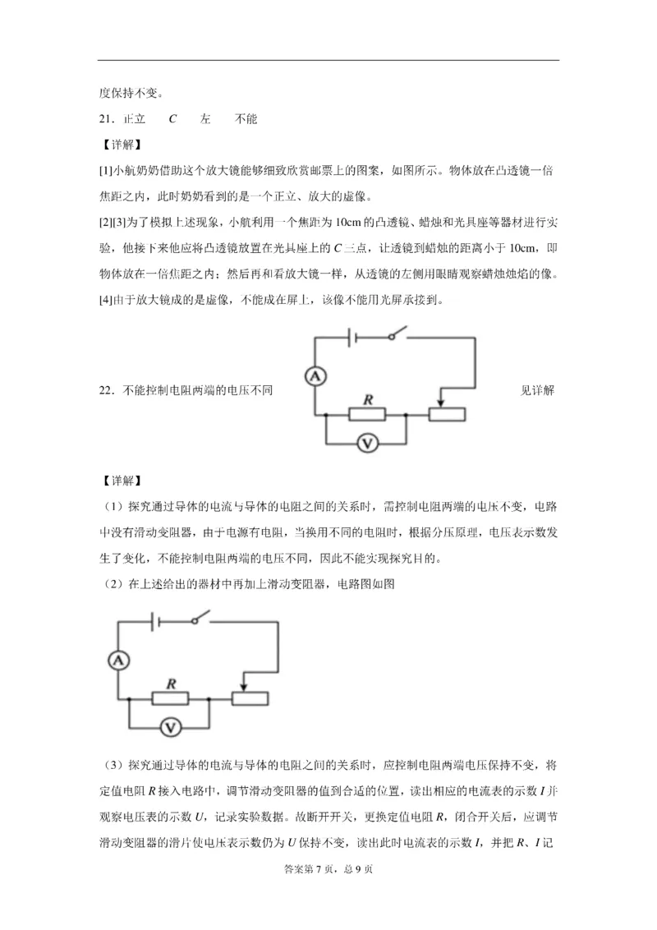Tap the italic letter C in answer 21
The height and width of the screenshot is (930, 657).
coord(172,119)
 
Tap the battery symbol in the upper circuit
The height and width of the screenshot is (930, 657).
coord(351,338)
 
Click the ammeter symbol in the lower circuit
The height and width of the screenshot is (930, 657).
coord(119,660)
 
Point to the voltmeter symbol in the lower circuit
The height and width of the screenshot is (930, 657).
coord(170,726)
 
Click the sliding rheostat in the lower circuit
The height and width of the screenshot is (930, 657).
coord(249,698)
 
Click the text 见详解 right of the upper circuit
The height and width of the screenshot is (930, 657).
coord(537,390)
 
